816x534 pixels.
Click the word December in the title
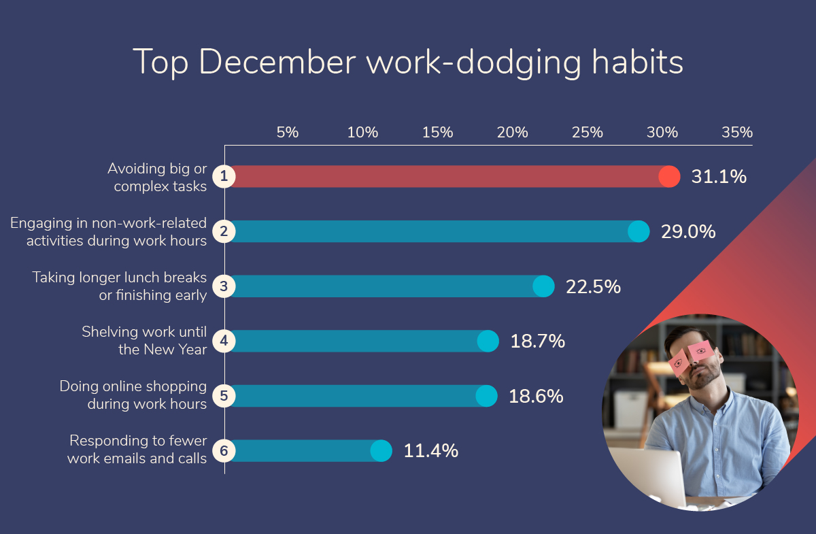pyautogui.click(x=277, y=62)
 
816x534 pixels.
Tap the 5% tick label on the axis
pyautogui.click(x=288, y=133)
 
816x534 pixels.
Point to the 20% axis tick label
pyautogui.click(x=512, y=133)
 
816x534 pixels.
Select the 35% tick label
pyautogui.click(x=737, y=133)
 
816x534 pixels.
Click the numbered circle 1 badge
pyautogui.click(x=224, y=176)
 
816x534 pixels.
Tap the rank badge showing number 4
pyautogui.click(x=224, y=341)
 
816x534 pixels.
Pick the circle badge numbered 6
pyautogui.click(x=224, y=451)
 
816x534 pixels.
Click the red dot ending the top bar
pyautogui.click(x=669, y=176)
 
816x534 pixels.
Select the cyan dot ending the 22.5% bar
pyautogui.click(x=543, y=286)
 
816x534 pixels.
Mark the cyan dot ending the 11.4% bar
pyautogui.click(x=381, y=451)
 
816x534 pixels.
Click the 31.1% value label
pyautogui.click(x=719, y=176)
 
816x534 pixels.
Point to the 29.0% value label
pyautogui.click(x=688, y=231)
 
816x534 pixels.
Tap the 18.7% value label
pyautogui.click(x=538, y=341)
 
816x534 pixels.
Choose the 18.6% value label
pyautogui.click(x=536, y=396)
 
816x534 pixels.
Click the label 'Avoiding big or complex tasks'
pyautogui.click(x=157, y=177)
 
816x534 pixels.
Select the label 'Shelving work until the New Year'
pyautogui.click(x=144, y=340)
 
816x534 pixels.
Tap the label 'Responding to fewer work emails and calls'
pyautogui.click(x=137, y=450)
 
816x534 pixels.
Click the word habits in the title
pyautogui.click(x=638, y=62)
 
